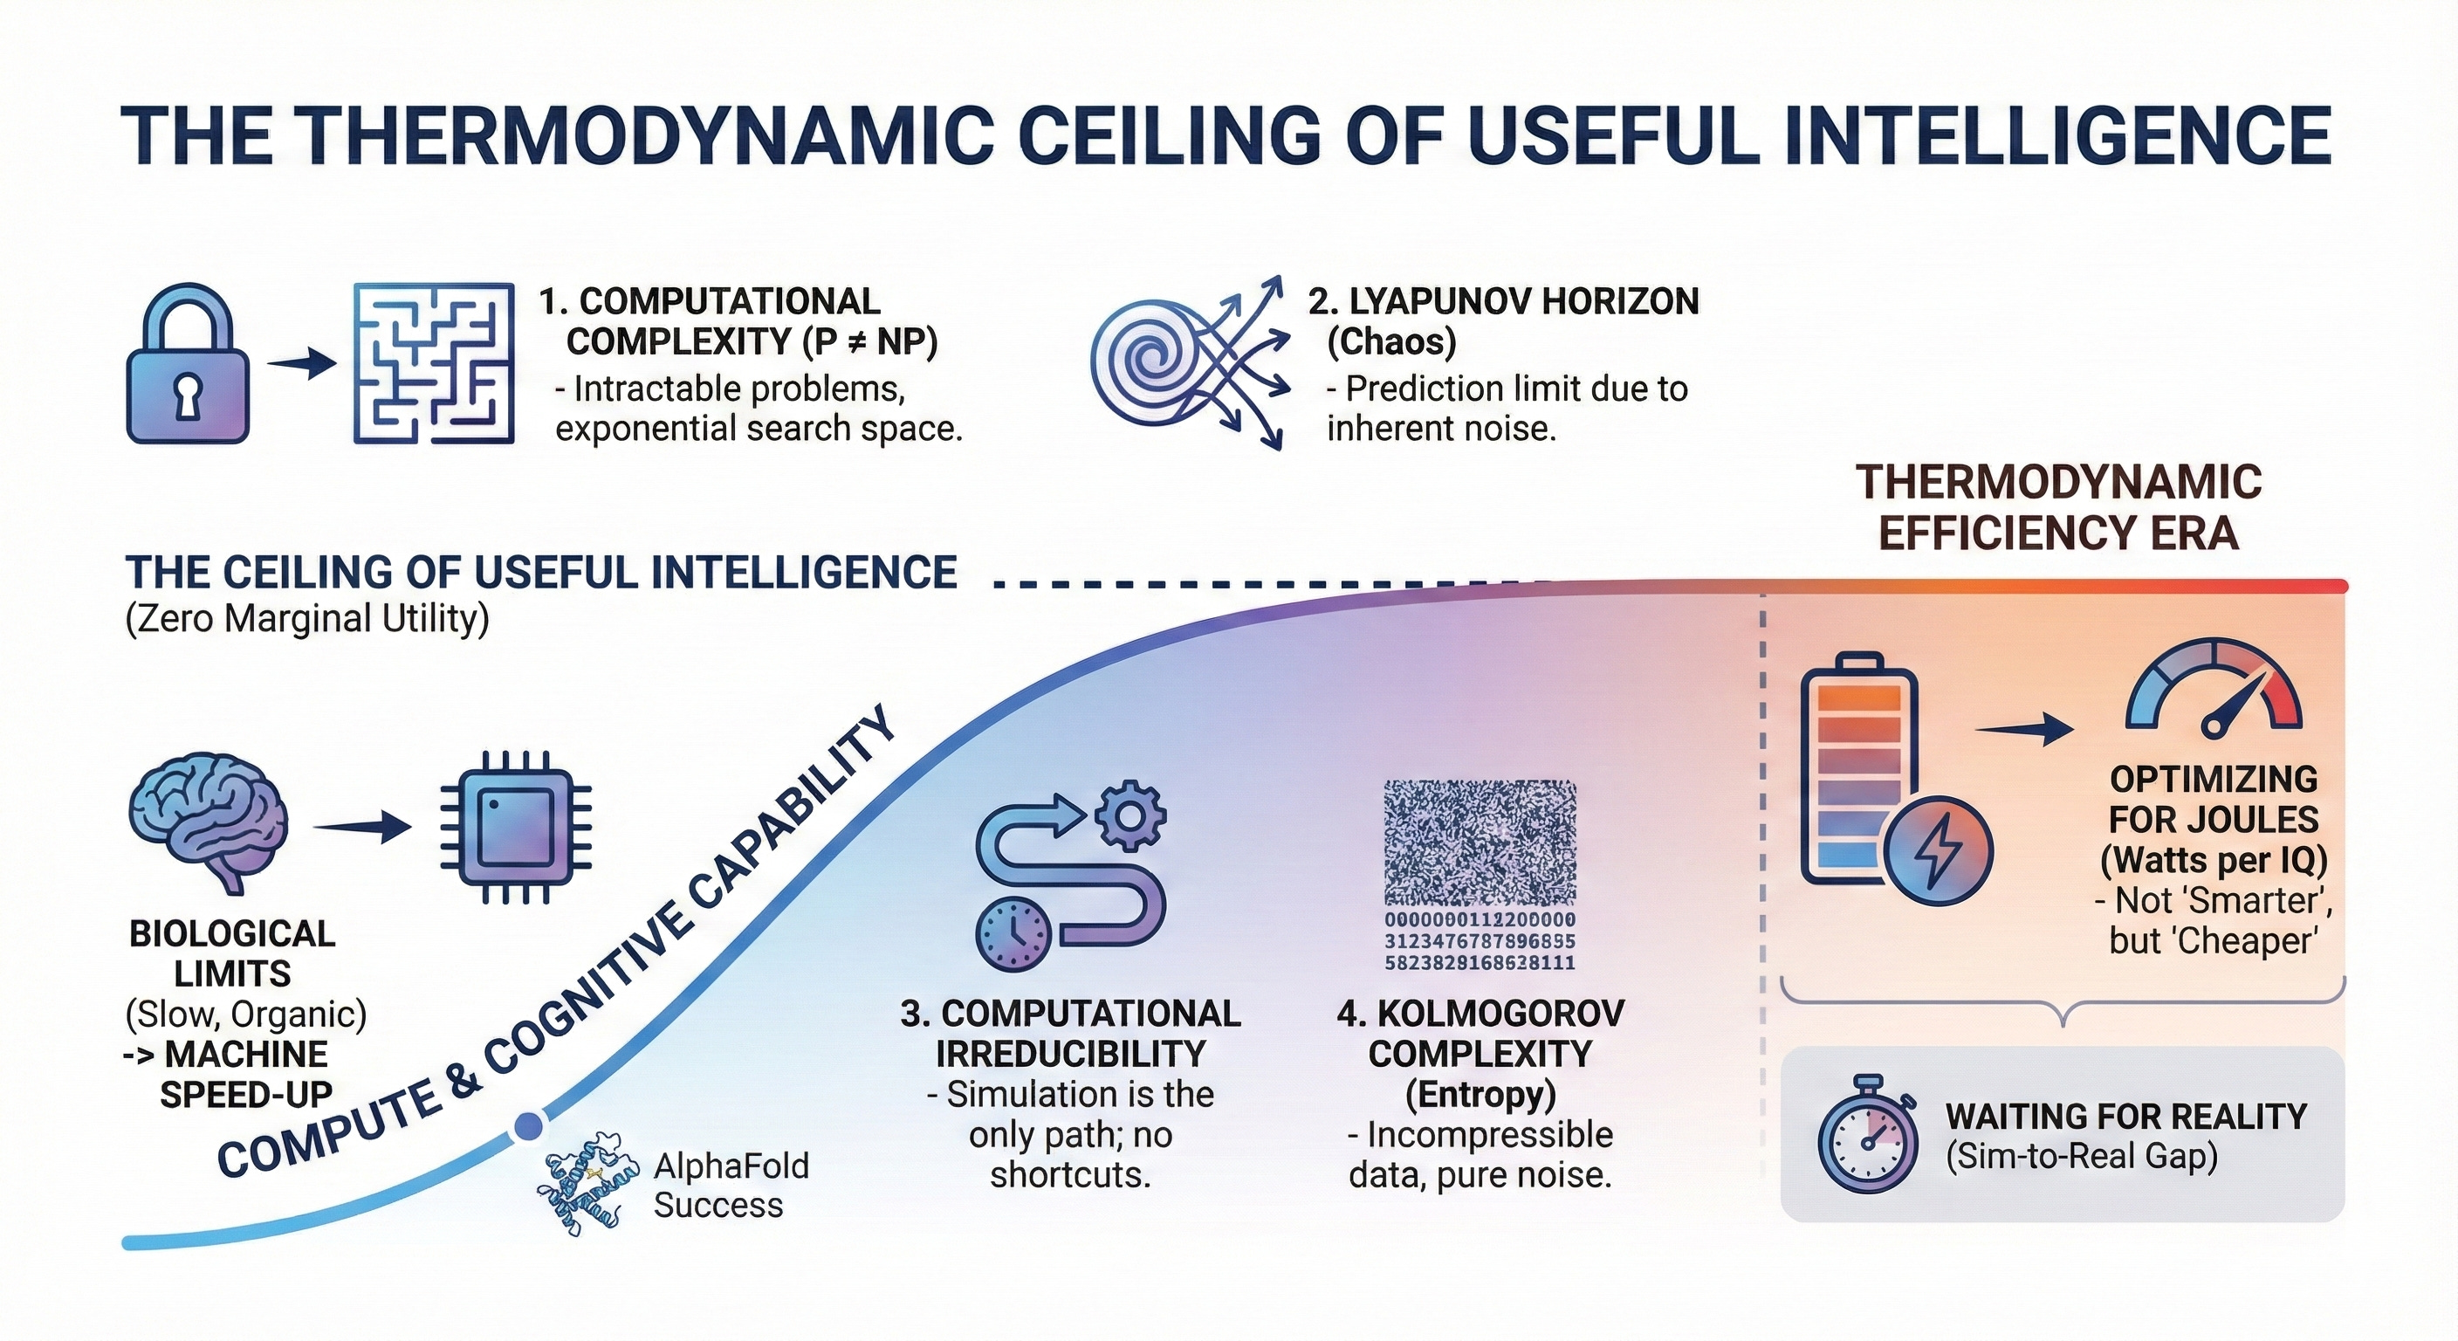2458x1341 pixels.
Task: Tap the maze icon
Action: click(x=433, y=364)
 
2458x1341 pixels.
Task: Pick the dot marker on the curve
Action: click(x=526, y=1127)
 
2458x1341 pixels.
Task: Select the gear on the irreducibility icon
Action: click(x=1129, y=816)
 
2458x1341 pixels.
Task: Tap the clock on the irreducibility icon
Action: click(x=1013, y=932)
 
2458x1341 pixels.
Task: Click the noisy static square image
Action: click(x=1480, y=842)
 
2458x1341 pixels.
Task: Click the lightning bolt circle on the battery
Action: click(x=1938, y=850)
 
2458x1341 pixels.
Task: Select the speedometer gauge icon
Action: click(x=2214, y=692)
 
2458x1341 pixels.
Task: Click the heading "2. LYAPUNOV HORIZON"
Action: click(x=1503, y=300)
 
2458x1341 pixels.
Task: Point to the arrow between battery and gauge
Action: click(x=2023, y=730)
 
